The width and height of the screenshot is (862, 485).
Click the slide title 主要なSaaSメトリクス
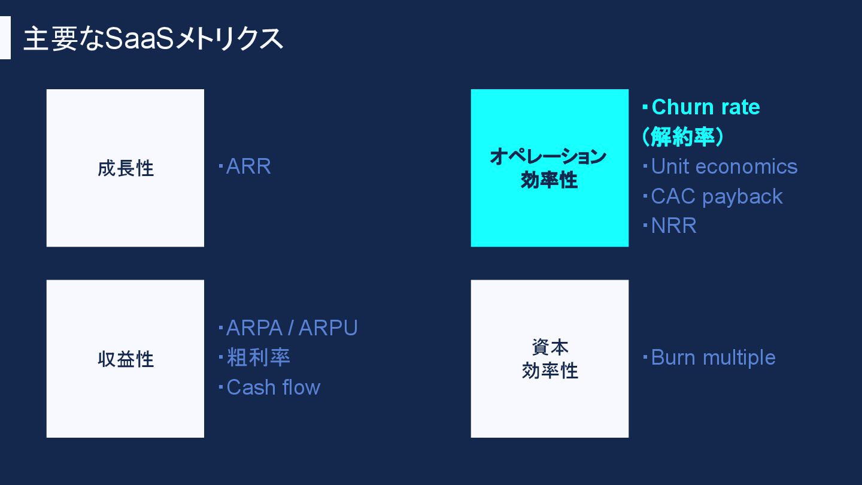[153, 39]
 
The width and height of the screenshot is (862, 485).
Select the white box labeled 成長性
[125, 168]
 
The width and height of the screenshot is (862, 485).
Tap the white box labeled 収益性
[125, 359]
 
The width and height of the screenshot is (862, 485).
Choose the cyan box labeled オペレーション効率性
[550, 168]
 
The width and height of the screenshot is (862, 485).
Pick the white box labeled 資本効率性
[550, 359]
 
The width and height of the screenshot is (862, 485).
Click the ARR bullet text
[248, 166]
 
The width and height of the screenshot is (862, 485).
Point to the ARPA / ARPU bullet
[292, 328]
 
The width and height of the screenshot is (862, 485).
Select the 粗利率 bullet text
[258, 357]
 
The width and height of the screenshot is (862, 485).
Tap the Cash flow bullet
[273, 387]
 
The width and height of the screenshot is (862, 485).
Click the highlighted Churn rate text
[705, 107]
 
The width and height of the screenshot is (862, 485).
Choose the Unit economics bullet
[724, 166]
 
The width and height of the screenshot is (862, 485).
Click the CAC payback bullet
[717, 196]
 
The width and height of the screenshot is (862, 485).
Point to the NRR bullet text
[673, 226]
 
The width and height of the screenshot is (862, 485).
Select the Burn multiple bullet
[713, 357]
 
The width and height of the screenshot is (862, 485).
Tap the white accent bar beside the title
[5, 38]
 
